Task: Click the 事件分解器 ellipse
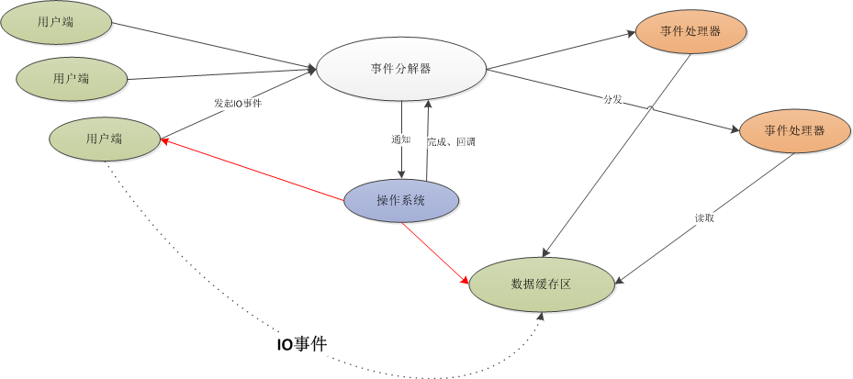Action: coord(400,68)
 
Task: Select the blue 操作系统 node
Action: coord(400,201)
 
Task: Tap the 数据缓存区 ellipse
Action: coord(541,284)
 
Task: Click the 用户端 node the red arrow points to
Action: coord(104,139)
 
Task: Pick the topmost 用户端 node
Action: coord(56,23)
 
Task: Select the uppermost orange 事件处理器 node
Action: coord(690,31)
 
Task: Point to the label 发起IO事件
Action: coord(238,105)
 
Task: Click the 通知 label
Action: coord(400,139)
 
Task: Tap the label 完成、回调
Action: coord(451,142)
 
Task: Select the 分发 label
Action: coord(612,98)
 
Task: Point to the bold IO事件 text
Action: coord(302,344)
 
